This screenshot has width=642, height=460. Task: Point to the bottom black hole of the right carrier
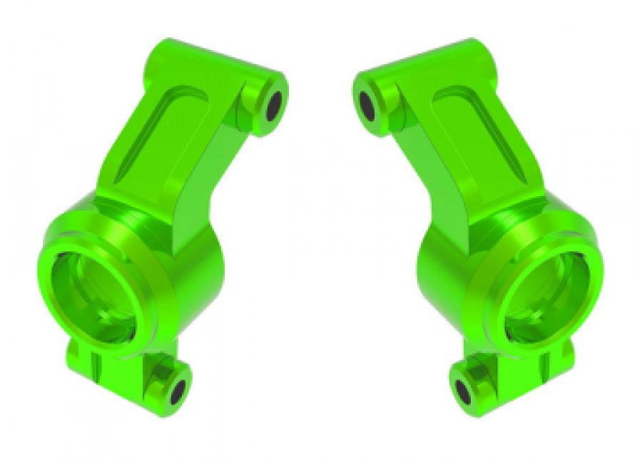coord(464,390)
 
